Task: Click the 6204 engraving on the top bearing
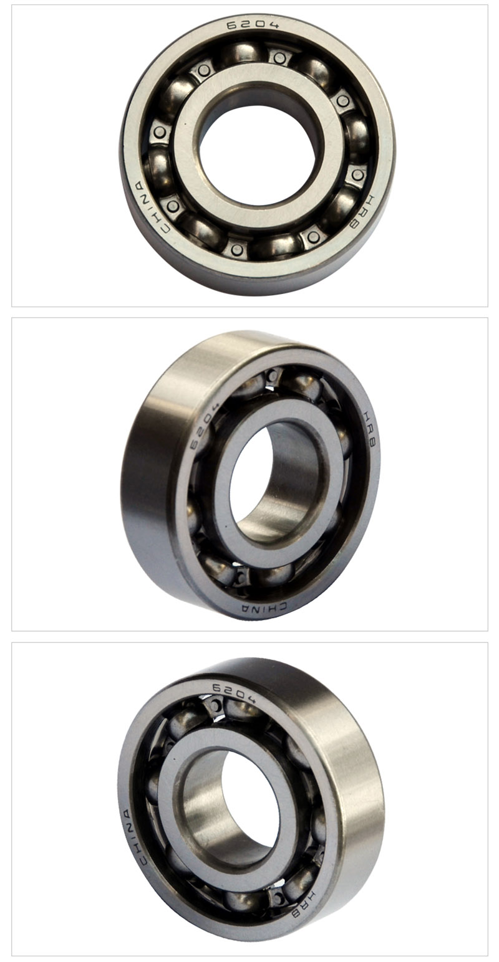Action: click(253, 23)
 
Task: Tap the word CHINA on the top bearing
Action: click(150, 207)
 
